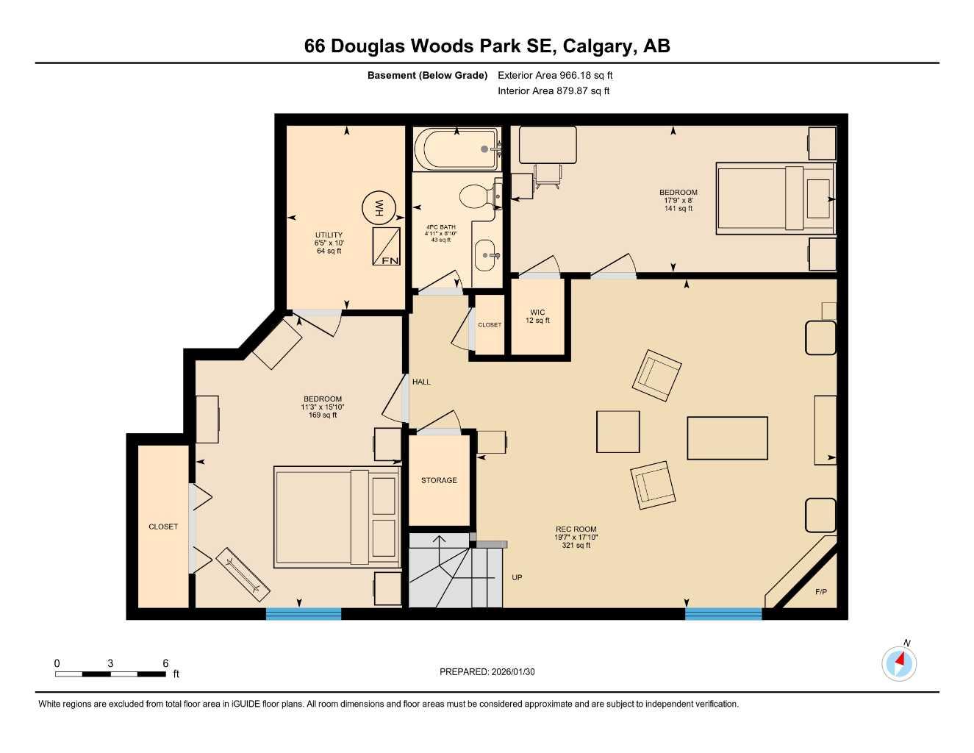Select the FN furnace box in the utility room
[387, 246]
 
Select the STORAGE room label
[439, 480]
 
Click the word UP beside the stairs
[517, 577]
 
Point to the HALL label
[421, 382]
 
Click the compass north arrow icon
[899, 663]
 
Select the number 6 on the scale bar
[165, 663]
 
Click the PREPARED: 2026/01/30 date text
[487, 671]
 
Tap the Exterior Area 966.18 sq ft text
[555, 75]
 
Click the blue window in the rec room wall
[723, 613]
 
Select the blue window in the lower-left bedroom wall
[303, 613]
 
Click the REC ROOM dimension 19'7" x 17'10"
[576, 537]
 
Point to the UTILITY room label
[329, 235]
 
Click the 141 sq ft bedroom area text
[678, 208]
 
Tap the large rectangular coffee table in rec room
[727, 438]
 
